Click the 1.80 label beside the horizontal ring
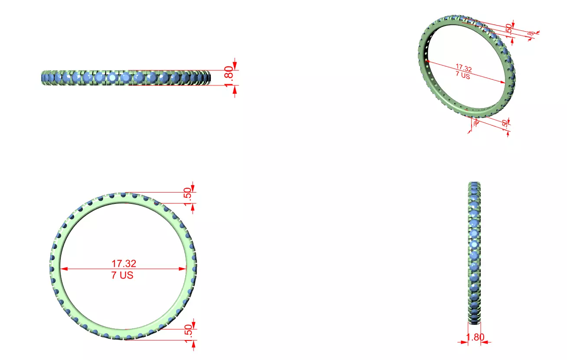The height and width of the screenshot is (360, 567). coord(230,77)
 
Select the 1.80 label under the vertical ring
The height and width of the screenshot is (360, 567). coord(475,337)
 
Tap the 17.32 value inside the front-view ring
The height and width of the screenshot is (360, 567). coord(124,263)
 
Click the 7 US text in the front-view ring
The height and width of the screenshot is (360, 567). coord(122,275)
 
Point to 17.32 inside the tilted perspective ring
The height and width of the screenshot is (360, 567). coord(464,68)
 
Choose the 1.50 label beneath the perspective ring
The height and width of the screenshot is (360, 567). coord(505,124)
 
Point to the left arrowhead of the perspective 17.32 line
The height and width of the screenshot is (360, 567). coord(429,62)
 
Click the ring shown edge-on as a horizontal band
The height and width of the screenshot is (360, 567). coord(126,78)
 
